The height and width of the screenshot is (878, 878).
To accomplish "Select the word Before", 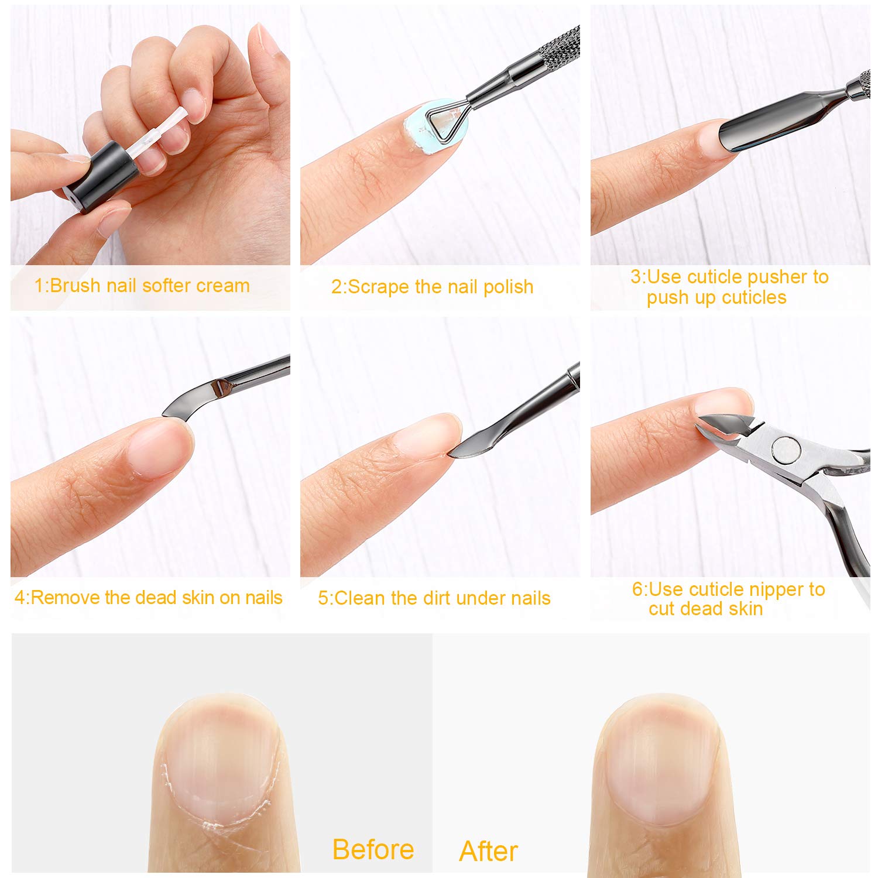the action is pos(373,849).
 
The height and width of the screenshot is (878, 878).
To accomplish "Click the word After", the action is pos(488,851).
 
